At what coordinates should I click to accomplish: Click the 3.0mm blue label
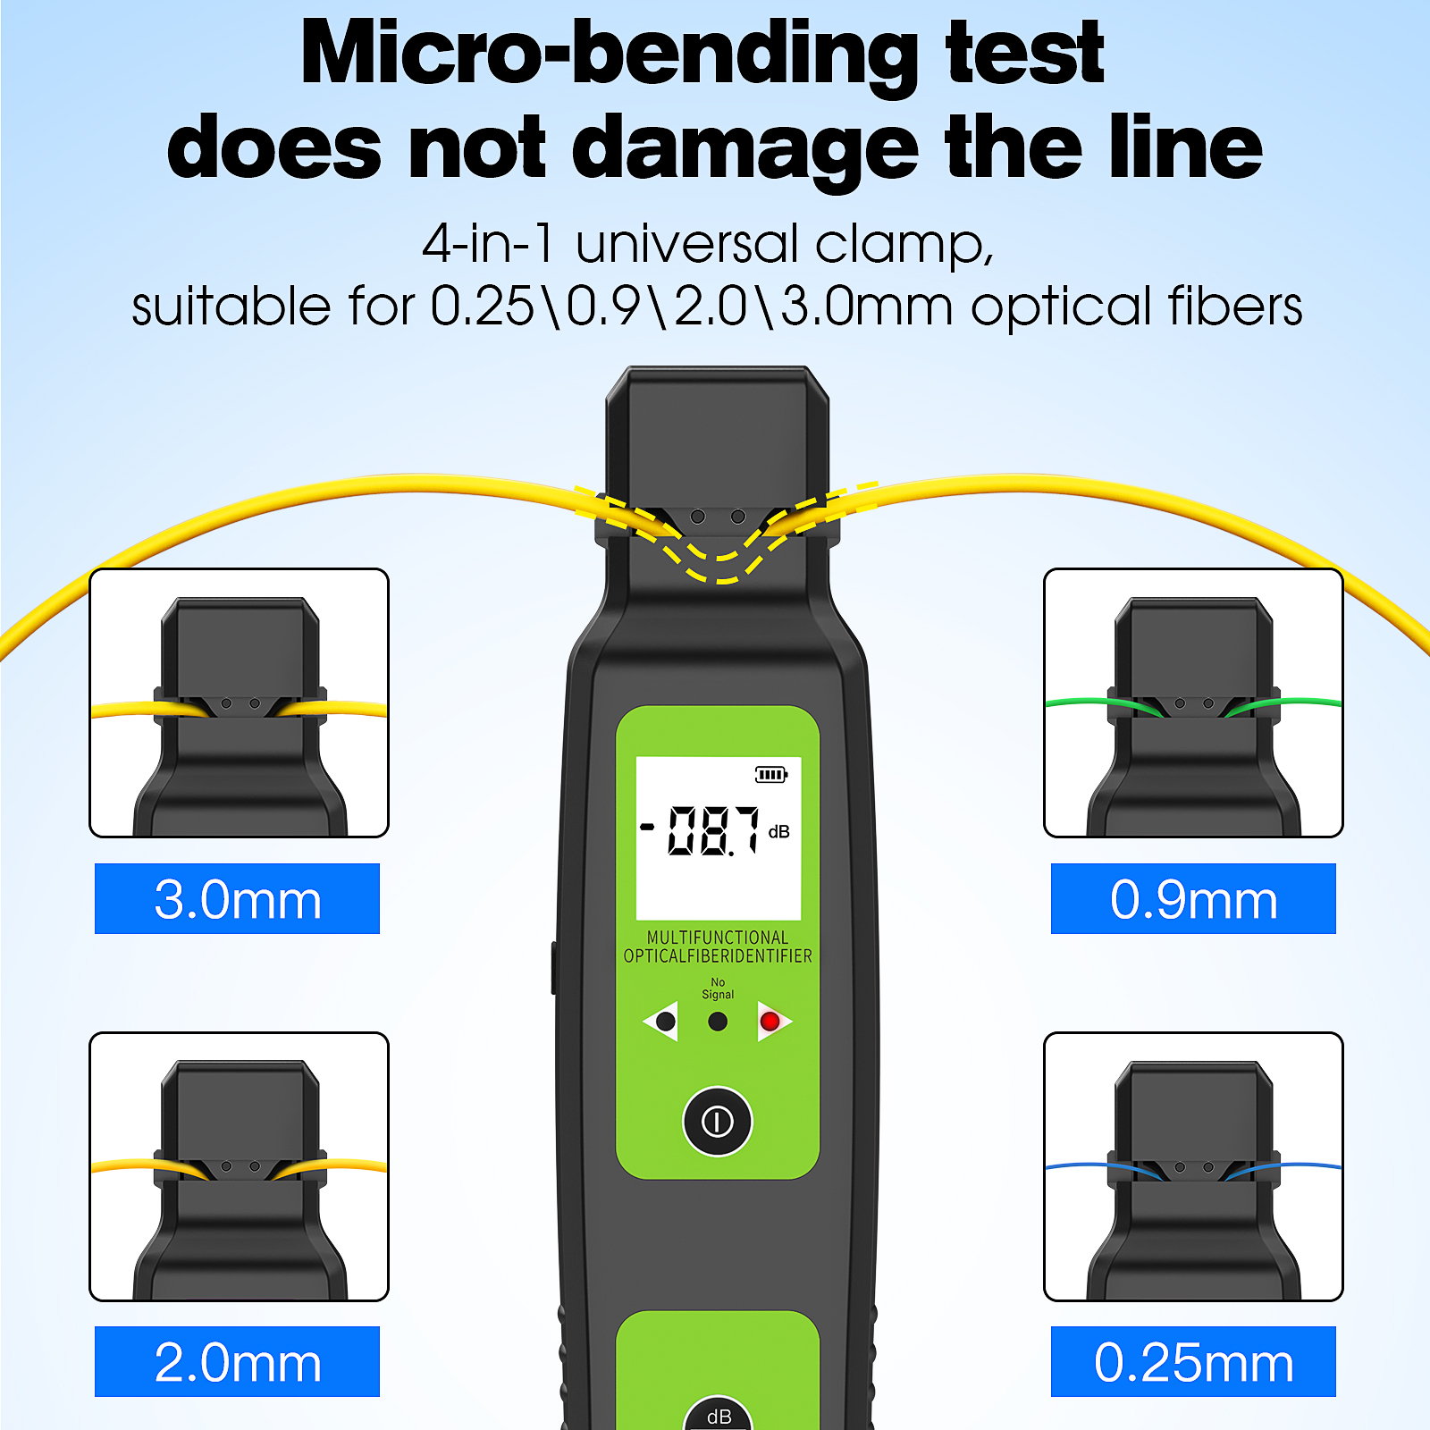(237, 898)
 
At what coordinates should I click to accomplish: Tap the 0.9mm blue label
(1193, 898)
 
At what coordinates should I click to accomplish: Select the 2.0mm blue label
(237, 1361)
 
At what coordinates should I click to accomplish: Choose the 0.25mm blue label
(1193, 1361)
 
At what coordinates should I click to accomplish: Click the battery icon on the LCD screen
(771, 774)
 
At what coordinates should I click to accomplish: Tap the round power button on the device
(718, 1121)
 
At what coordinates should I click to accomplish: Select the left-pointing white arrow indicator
(661, 1021)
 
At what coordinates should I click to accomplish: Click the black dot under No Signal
(718, 1022)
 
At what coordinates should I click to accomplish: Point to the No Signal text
(718, 988)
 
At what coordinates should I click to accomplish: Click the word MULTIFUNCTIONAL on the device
(718, 938)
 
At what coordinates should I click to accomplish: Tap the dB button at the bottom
(719, 1415)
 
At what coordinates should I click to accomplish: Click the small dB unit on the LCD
(779, 832)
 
